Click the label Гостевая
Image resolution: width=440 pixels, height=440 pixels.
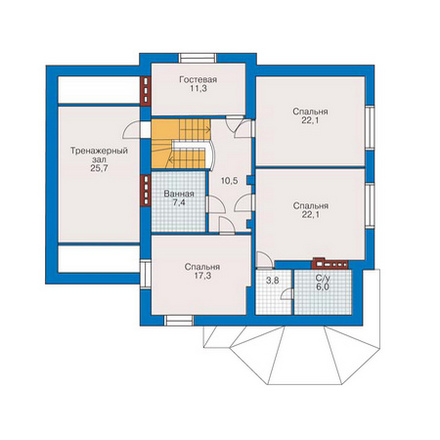tap(198, 80)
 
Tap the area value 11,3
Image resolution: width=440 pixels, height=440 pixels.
tap(198, 88)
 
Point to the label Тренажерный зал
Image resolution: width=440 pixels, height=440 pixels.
tap(99, 155)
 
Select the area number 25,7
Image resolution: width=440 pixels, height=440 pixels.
tap(99, 168)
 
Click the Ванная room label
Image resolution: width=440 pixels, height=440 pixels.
tap(179, 194)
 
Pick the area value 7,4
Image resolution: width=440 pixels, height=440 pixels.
tap(179, 203)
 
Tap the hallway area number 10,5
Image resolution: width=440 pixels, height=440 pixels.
tap(230, 181)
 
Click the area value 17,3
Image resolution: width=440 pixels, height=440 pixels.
tap(202, 276)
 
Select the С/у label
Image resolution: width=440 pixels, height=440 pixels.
tap(322, 278)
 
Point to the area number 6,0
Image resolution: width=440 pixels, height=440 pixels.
tap(322, 287)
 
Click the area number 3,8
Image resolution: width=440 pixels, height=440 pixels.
tap(272, 281)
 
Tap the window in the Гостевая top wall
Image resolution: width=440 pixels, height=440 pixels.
tap(198, 58)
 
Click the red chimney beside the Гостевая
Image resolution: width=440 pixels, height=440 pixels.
tap(145, 91)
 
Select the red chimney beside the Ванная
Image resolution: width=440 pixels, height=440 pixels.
tap(146, 191)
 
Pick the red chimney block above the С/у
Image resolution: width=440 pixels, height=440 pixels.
tap(330, 264)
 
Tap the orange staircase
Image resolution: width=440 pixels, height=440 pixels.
tap(180, 144)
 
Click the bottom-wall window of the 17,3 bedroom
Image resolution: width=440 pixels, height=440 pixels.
tap(179, 320)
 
